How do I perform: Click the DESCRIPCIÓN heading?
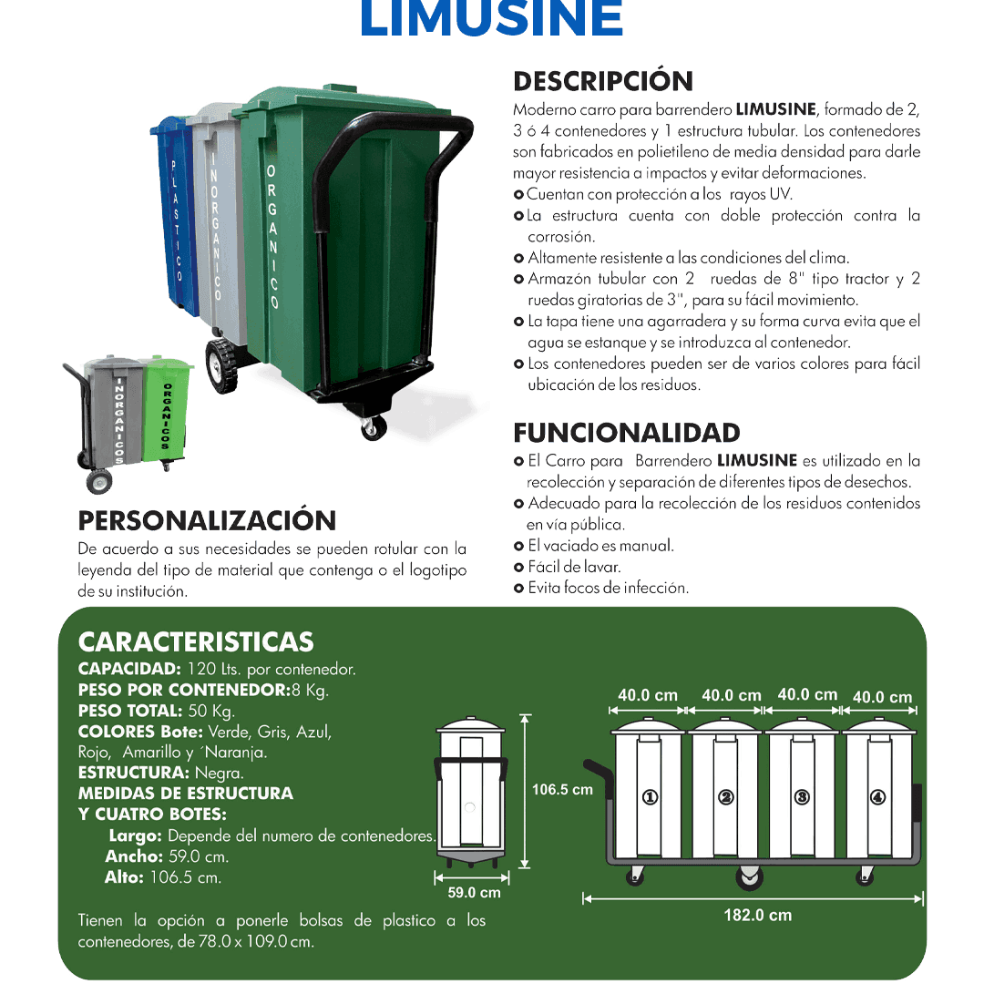pos(603,81)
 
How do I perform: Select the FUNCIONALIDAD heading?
pos(627,432)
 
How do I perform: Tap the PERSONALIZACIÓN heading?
pos(208,520)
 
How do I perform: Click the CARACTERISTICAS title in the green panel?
pos(196,641)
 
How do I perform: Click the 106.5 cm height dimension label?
pos(562,789)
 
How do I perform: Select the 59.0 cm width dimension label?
pos(474,892)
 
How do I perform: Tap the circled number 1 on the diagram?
pos(651,797)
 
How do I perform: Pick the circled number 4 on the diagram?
pos(877,797)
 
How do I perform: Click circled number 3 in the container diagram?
pos(802,797)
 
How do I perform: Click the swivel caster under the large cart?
pos(373,428)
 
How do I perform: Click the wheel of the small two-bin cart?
pos(98,480)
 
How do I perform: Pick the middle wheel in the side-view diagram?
pos(749,878)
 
